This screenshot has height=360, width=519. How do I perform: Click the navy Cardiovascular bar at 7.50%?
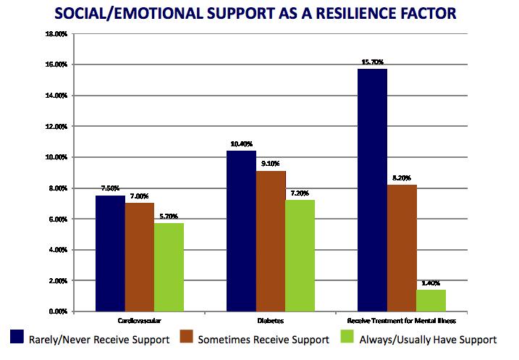(x=110, y=254)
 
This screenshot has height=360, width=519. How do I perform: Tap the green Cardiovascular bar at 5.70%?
(x=169, y=267)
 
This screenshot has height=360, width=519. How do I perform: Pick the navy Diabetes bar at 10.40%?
(x=241, y=231)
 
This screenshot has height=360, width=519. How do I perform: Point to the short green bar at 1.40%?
(x=431, y=301)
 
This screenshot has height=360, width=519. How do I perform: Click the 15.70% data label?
(x=372, y=63)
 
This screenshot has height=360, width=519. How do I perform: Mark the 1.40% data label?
(x=431, y=284)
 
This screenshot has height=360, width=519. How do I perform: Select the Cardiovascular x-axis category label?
(x=139, y=319)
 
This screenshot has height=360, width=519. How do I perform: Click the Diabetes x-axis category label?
(x=270, y=319)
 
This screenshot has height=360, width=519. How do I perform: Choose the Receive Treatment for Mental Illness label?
(x=402, y=319)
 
